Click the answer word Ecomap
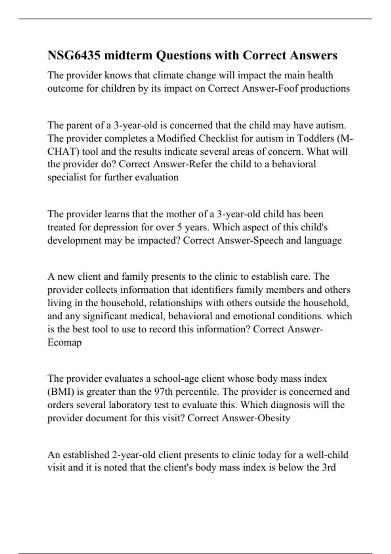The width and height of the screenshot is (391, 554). [x=65, y=343]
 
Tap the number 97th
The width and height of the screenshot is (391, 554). [x=163, y=392]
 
